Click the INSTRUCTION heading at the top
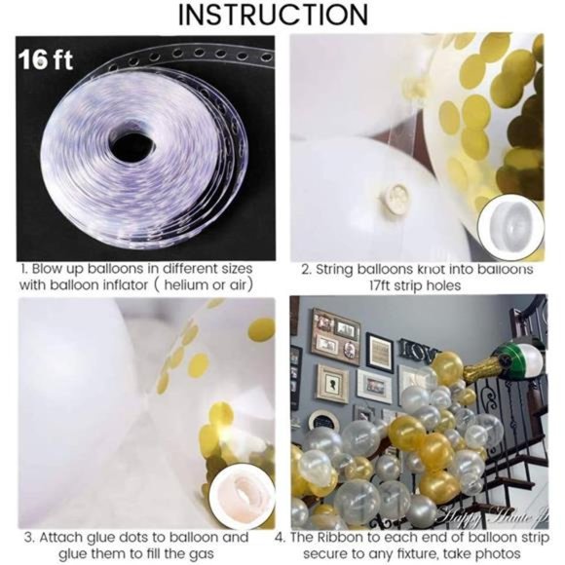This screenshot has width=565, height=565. click(x=282, y=16)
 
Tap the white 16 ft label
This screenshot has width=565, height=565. click(x=44, y=58)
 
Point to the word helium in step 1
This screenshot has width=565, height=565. click(x=188, y=284)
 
